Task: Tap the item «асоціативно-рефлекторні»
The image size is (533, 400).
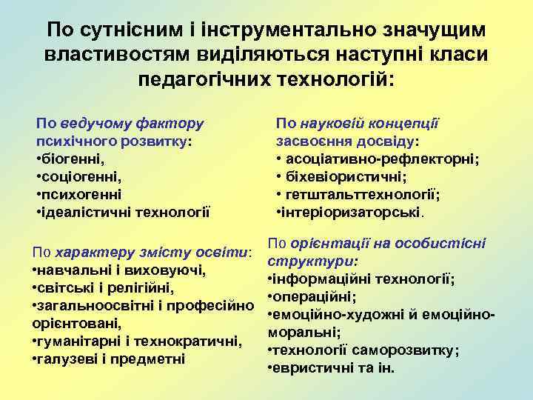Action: coord(382,159)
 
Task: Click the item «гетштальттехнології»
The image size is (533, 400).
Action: coord(363,195)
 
